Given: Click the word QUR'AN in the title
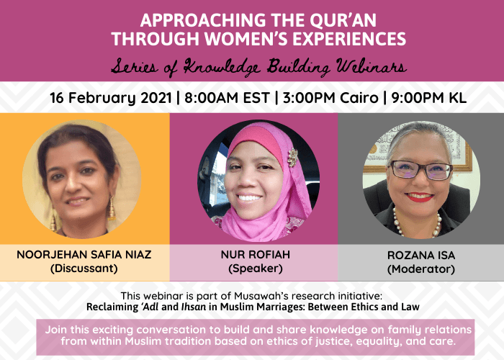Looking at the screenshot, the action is [x=343, y=20].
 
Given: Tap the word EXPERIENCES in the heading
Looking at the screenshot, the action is [x=349, y=39].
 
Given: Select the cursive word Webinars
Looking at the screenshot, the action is [x=372, y=66].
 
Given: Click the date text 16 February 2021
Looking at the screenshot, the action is [x=111, y=98].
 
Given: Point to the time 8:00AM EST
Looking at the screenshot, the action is [x=227, y=98].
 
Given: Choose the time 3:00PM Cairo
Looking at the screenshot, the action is [x=330, y=98].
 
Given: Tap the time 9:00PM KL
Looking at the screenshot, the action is [x=429, y=98].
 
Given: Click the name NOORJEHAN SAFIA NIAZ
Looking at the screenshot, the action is [x=84, y=255].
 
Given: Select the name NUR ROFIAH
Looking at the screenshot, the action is [x=256, y=255].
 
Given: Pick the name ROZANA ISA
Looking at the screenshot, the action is [x=421, y=255].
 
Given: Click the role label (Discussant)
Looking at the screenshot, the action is [x=84, y=269].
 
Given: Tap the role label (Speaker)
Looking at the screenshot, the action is [x=256, y=269].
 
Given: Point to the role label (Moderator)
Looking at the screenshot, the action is [x=421, y=269].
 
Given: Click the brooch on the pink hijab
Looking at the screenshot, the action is [x=292, y=157].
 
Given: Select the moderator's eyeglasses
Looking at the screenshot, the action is [x=421, y=170].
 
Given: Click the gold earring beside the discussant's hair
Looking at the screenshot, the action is [x=111, y=208].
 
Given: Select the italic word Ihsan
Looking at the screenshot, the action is [x=194, y=307].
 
